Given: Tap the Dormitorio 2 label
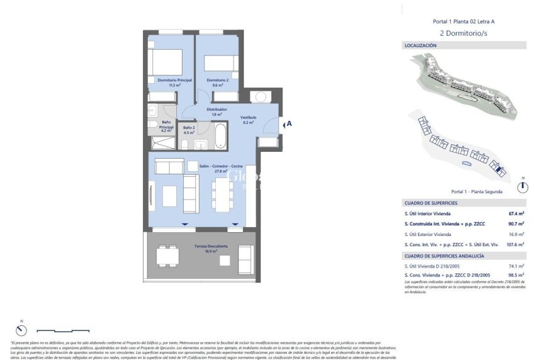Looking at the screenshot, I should (217, 81).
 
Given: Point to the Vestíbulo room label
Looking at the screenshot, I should (248, 117).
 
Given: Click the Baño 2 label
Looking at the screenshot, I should (189, 128).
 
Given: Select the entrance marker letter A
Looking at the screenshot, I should (289, 124).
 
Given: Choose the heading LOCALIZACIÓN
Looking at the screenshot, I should (420, 46).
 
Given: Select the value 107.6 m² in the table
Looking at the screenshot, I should (515, 244).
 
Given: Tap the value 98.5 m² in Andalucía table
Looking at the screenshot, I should (516, 275).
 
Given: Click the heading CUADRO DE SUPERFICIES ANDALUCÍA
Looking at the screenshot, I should (444, 256).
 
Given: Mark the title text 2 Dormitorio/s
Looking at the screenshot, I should (464, 33).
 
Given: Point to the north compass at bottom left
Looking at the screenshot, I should (22, 330).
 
